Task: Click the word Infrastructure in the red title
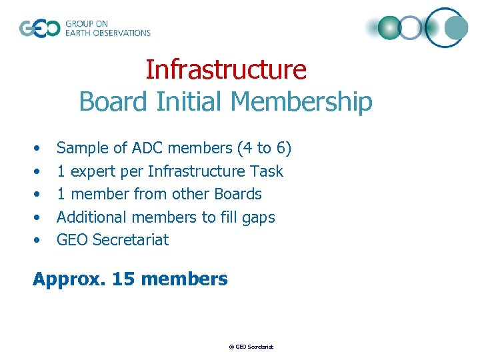point(226,69)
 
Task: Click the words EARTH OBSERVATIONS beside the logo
point(107,33)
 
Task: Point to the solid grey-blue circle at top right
point(457,27)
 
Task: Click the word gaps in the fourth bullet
point(259,217)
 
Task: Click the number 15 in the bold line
point(123,279)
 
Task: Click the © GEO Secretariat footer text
point(251,347)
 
